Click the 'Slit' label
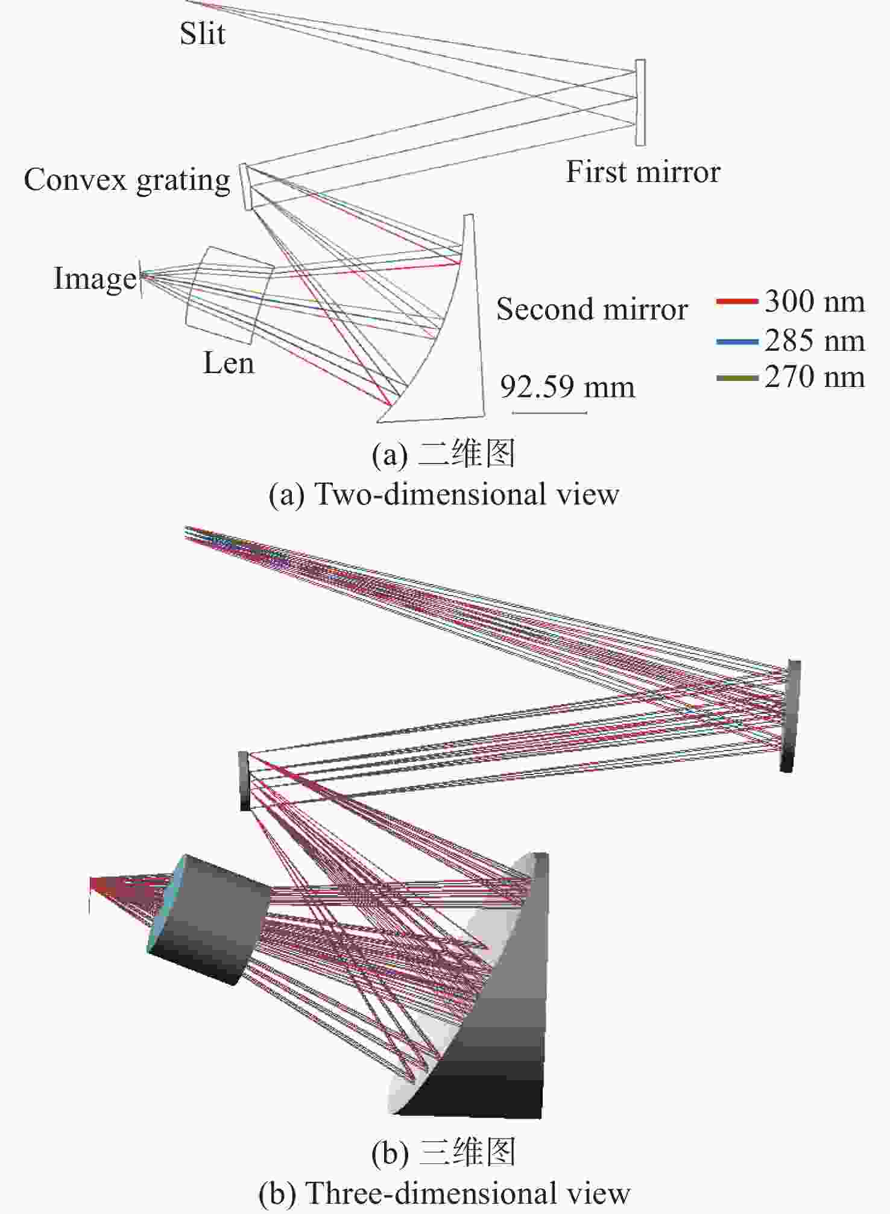(203, 34)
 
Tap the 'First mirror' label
(643, 172)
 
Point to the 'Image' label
(96, 279)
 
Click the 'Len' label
(229, 363)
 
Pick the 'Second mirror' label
(592, 309)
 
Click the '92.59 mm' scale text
(567, 386)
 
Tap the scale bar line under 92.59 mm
(549, 413)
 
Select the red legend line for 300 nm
(737, 301)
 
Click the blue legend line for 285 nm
(737, 342)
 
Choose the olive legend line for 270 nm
(737, 379)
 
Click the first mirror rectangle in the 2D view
(640, 102)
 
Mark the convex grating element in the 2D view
(245, 187)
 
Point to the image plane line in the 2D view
(141, 279)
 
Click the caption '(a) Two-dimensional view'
(444, 494)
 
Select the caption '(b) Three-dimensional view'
(444, 1194)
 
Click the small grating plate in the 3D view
(244, 781)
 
